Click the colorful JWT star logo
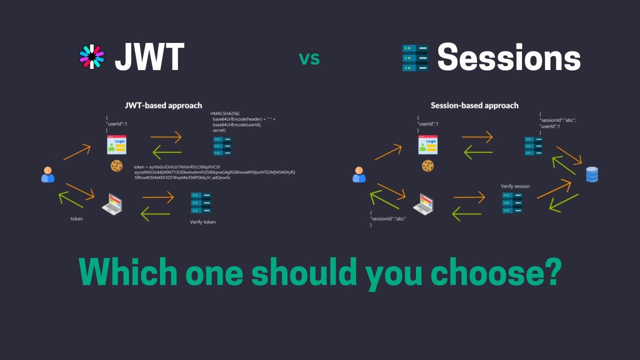(92, 56)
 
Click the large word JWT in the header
(149, 57)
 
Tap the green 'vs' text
(309, 58)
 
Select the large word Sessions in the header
(508, 57)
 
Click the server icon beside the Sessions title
(415, 57)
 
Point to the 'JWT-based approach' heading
(163, 105)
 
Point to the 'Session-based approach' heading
(474, 105)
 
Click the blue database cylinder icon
(592, 174)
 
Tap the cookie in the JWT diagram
(116, 166)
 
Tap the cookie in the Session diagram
(427, 166)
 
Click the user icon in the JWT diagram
(48, 174)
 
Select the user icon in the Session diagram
(359, 174)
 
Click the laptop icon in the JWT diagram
(112, 204)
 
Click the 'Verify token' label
(202, 222)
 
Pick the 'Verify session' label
(515, 186)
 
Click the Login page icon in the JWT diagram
(116, 144)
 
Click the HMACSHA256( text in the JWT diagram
(225, 114)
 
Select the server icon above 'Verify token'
(200, 203)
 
